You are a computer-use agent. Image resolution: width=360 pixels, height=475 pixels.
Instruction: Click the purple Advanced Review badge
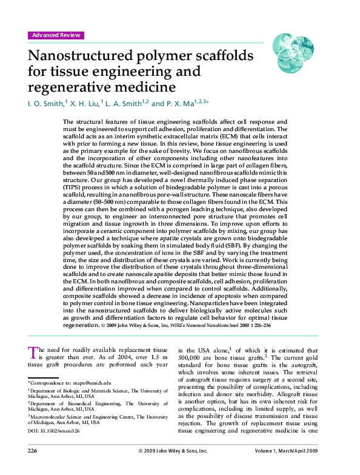click(56, 35)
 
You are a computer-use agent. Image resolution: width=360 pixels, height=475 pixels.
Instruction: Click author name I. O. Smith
click(45, 104)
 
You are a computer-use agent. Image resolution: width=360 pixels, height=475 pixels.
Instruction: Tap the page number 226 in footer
click(34, 451)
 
